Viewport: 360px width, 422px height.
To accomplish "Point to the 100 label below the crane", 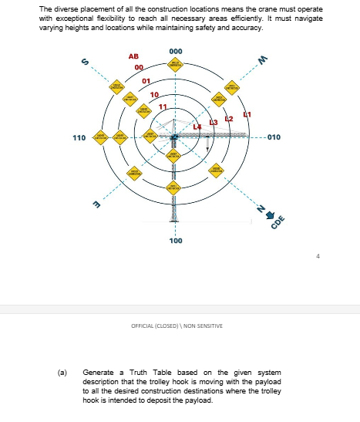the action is [176, 241].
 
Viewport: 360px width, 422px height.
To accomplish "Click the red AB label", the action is [133, 56].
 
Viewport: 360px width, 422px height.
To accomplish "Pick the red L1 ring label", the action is [247, 114].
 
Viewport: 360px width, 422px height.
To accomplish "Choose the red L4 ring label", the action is [197, 126].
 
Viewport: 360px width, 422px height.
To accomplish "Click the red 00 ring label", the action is [139, 68].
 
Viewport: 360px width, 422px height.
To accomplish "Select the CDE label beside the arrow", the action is [278, 222].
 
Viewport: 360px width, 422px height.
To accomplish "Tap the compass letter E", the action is [97, 204].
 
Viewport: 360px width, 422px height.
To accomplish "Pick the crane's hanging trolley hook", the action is [207, 144].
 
